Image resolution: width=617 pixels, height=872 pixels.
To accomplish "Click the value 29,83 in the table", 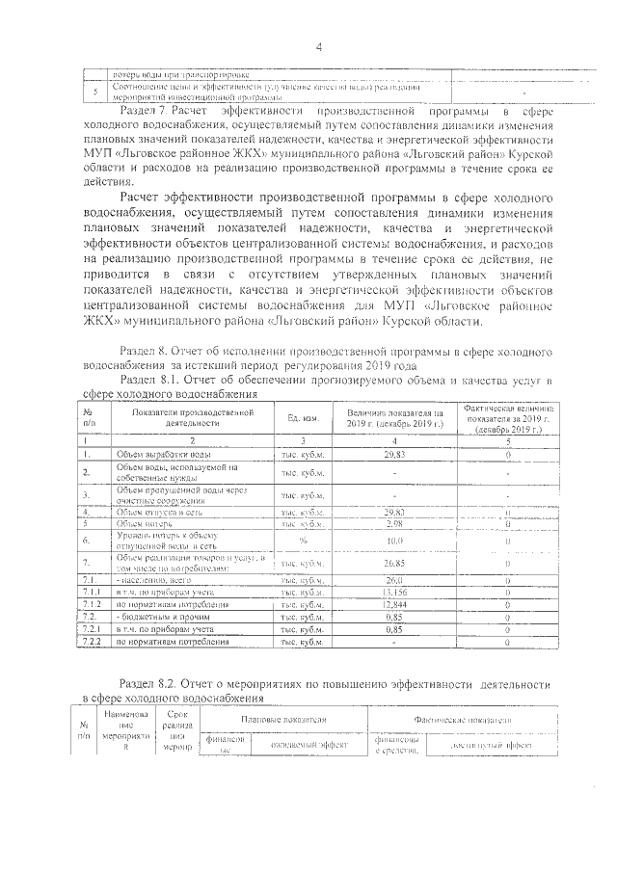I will [393, 453].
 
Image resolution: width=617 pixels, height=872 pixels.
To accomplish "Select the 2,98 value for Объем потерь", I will [393, 524].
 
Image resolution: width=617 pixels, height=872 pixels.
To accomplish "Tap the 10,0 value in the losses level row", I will [393, 542].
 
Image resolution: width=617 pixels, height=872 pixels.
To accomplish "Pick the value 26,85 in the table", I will [393, 563].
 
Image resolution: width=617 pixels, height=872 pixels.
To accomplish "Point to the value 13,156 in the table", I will [393, 592].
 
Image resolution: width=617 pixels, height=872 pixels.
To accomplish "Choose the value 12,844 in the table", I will [393, 604].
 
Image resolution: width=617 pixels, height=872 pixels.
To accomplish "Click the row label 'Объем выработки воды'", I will [158, 453].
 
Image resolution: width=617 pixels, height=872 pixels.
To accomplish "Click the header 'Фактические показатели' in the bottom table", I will [463, 720].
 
